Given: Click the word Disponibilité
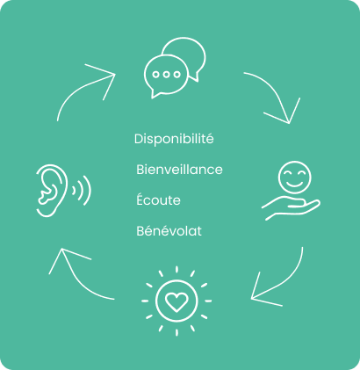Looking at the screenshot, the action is [174, 139].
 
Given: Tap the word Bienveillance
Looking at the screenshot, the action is [179, 170].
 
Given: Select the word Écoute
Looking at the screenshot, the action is [158, 200].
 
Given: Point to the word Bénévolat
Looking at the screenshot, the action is [169, 230].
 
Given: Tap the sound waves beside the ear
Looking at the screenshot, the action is [82, 191].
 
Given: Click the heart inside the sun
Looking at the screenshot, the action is [176, 302].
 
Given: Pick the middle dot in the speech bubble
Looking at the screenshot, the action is [166, 75].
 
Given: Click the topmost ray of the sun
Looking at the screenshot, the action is [176, 270].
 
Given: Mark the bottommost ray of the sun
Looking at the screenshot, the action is [176, 332].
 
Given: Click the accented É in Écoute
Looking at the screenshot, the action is [140, 200].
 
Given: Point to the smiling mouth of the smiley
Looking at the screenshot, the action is [294, 185].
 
